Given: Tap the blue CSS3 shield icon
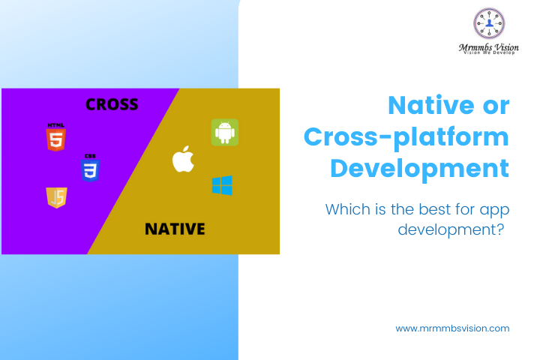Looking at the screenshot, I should (90, 169).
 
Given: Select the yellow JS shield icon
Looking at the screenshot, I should (56, 197).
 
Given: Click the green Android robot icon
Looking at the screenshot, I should (224, 131).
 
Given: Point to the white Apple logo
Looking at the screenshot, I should (183, 159).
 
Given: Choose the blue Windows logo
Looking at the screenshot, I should (222, 185).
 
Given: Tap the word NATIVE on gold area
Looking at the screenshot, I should (174, 228).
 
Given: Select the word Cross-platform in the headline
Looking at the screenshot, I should (406, 136).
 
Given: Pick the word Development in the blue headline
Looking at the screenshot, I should (419, 167).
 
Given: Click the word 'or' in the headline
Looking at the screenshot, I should (493, 105).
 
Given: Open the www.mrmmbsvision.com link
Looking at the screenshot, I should (452, 328).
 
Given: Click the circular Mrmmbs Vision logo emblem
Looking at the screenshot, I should (489, 23).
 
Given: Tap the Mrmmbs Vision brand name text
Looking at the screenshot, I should (489, 46).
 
